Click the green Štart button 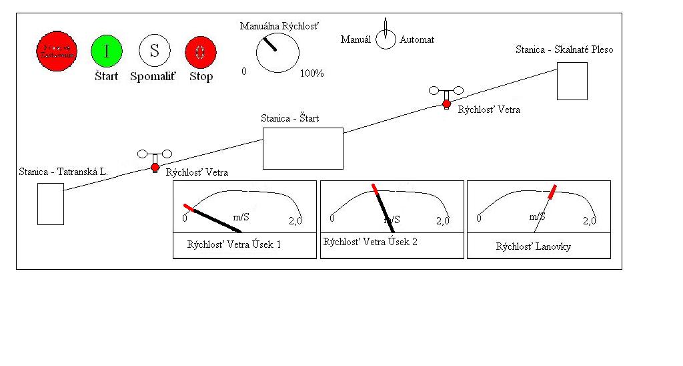[106, 51]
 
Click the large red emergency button [57, 51]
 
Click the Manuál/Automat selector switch [386, 39]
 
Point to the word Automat [417, 39]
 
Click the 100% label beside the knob [311, 73]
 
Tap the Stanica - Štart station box [303, 148]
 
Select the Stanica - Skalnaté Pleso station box [572, 81]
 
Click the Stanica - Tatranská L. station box [51, 204]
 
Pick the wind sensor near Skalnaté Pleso [446, 96]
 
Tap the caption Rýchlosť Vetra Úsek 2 [370, 242]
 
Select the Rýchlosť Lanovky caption [533, 246]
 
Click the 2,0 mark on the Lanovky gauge [589, 220]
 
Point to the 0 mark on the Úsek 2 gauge [332, 219]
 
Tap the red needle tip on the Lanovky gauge [553, 192]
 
